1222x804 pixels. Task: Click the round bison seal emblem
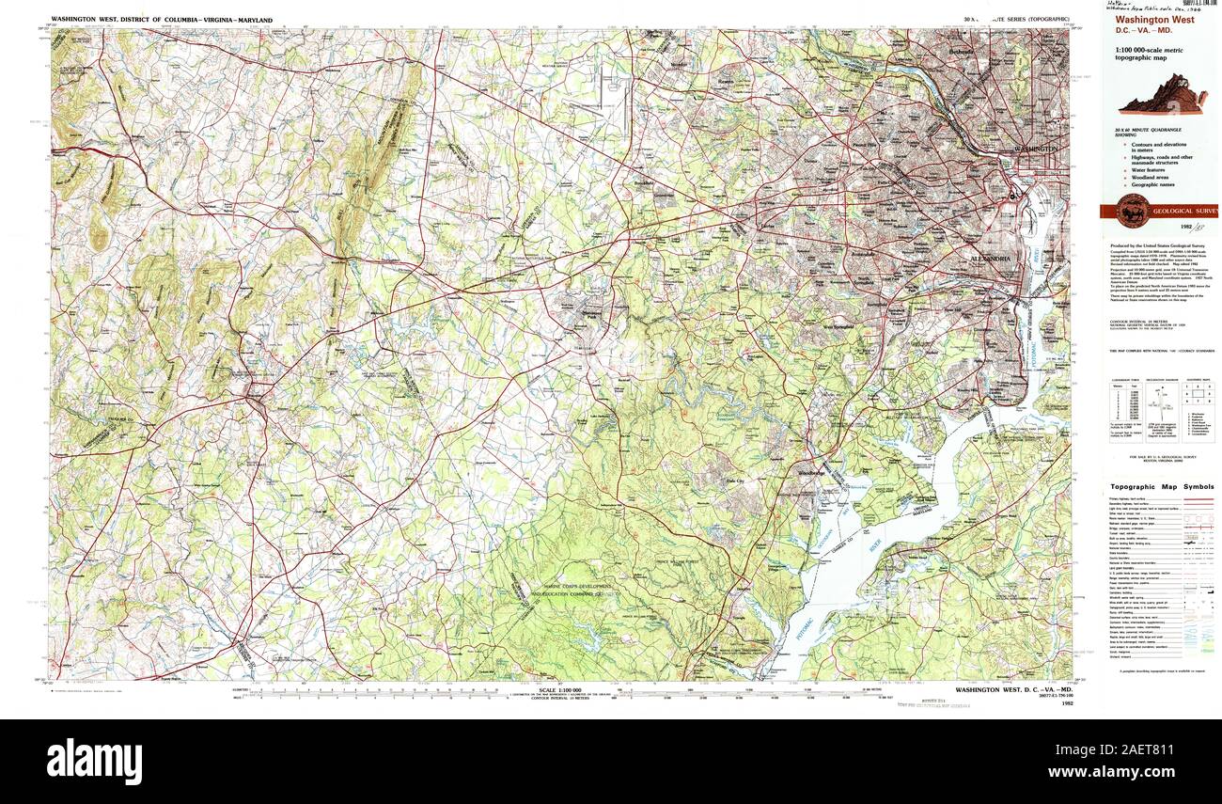point(1133,211)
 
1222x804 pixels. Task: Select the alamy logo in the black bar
point(94,760)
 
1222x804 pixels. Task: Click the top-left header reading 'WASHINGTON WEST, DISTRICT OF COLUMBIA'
point(162,20)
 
